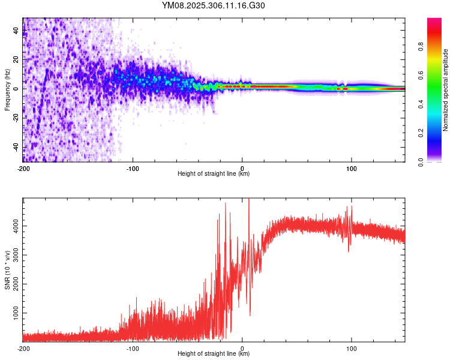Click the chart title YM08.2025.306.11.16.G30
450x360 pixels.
[222, 5]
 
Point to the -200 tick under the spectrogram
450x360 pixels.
[23, 168]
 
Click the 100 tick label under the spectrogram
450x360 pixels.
[351, 168]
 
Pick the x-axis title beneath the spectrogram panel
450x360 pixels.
[214, 174]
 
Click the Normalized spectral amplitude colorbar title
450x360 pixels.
[446, 90]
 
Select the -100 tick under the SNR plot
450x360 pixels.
[133, 348]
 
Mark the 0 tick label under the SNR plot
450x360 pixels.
[242, 348]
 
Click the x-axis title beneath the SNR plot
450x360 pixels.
[214, 354]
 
